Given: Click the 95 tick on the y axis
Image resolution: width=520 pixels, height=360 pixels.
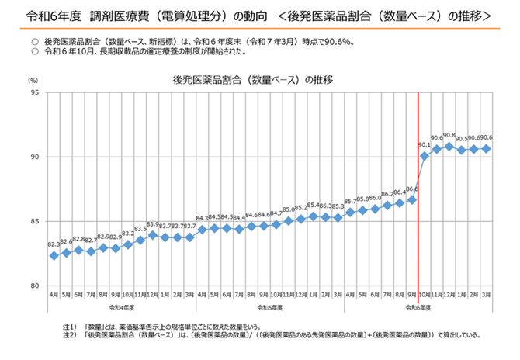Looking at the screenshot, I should pos(35,92).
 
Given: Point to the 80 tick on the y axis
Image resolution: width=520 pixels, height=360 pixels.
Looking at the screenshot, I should pos(35,286).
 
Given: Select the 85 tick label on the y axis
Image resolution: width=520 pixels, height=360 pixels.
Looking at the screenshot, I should pos(35,221).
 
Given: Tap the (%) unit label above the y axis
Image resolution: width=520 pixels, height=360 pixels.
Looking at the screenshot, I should pos(33,80).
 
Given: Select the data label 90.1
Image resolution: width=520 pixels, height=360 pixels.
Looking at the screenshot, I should pos(425,145).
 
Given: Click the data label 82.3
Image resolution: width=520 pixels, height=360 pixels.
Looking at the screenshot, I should pos(54,244).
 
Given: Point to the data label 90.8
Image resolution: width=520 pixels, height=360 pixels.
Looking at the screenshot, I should pos(449,135).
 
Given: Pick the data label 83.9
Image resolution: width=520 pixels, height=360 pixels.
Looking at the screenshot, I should pos(152,225).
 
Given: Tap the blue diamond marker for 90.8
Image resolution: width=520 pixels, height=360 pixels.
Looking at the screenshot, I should pos(449,146).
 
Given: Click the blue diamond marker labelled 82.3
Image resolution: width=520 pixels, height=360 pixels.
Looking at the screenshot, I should pos(54,255).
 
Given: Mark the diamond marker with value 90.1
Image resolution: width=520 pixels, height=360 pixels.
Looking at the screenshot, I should pos(425,155).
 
